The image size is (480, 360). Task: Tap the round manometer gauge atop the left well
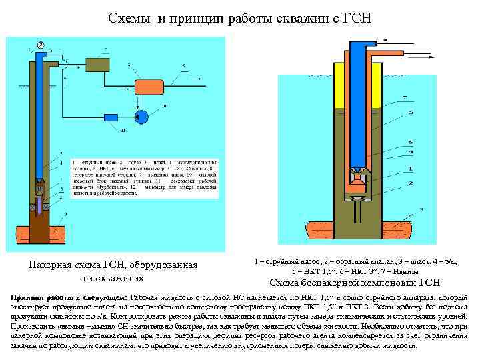[x=41, y=45]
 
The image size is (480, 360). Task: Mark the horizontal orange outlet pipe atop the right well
[x=400, y=49]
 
